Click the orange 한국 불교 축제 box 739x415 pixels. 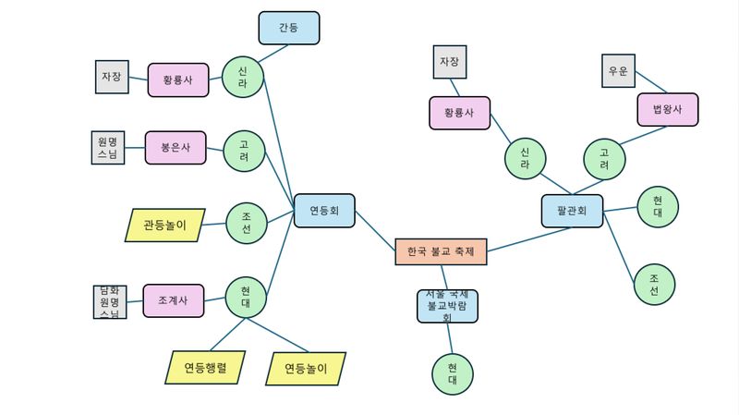click(x=441, y=251)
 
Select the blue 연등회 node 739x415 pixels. click(x=324, y=211)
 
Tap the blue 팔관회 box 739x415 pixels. click(x=571, y=211)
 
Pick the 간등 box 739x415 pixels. click(x=289, y=28)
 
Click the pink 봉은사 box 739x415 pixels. click(x=176, y=148)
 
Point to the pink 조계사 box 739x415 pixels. click(x=174, y=300)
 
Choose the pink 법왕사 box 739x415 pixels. click(x=667, y=109)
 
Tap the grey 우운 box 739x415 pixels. click(x=618, y=71)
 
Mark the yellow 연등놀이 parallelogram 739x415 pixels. click(x=306, y=369)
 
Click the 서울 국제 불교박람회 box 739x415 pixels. click(x=447, y=306)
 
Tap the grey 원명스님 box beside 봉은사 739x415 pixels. click(x=107, y=148)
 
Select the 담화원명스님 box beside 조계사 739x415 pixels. click(x=109, y=302)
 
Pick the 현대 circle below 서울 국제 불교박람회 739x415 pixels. click(x=453, y=373)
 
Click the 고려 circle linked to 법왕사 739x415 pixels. click(x=604, y=159)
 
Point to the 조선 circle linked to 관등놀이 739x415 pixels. click(x=247, y=222)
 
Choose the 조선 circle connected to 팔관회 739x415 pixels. click(x=654, y=285)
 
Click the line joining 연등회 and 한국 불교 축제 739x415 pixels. click(x=374, y=229)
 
